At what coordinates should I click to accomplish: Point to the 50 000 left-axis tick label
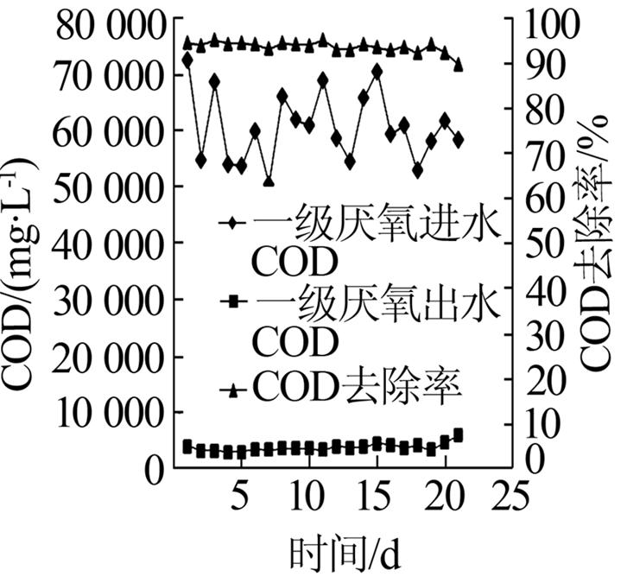point(110,187)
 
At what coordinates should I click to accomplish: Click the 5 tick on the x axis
point(240,498)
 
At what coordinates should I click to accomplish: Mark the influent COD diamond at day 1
point(187,60)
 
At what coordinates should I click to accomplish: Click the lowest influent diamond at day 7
point(269,181)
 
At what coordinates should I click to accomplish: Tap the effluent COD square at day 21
point(458,434)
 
